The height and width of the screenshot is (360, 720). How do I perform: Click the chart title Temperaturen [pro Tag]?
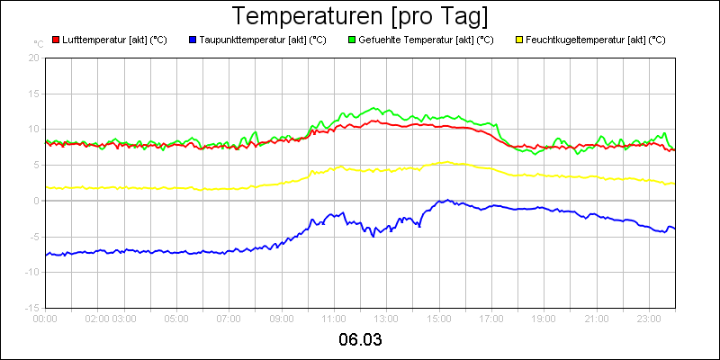360,17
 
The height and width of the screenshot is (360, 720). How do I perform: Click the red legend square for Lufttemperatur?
56,40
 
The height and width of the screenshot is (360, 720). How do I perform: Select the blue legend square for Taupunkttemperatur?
193,40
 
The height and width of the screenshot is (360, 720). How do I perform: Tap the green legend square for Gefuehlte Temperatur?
352,40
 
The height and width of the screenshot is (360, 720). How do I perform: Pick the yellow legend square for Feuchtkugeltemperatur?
518,40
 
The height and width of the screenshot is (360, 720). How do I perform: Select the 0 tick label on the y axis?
37,201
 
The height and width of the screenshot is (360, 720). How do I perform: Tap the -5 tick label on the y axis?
34,237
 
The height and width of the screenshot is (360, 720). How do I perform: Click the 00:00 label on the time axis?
45,318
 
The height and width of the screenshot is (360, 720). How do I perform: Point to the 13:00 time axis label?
386,318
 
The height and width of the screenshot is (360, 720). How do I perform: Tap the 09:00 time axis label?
282,318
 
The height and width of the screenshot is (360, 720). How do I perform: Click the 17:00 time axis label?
491,318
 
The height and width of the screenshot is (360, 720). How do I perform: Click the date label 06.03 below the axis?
360,340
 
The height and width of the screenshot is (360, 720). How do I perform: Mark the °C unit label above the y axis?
39,43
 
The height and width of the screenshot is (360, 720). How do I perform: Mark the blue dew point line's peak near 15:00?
445,201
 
